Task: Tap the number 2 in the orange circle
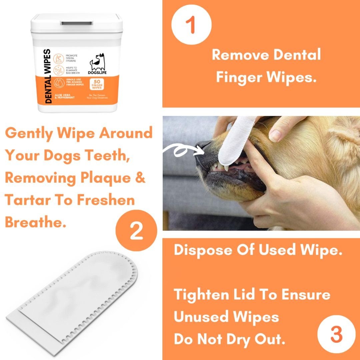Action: click(136, 231)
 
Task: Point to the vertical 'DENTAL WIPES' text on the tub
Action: click(48, 76)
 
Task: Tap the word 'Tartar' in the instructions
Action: click(27, 200)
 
